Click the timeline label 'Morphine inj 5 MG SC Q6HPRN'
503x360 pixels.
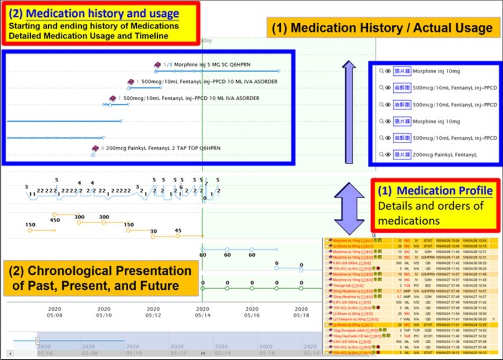(x=217, y=64)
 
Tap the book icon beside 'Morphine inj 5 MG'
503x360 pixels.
(x=157, y=64)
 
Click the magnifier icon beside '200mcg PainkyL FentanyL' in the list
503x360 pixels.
(x=381, y=155)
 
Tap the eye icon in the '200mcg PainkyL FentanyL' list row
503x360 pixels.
(x=388, y=155)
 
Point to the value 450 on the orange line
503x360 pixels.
(x=55, y=220)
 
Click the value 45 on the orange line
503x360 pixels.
(x=178, y=231)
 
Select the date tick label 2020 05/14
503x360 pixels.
(x=202, y=312)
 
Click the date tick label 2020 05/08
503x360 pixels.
(x=55, y=312)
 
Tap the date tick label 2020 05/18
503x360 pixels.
(x=301, y=312)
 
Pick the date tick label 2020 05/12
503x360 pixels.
(x=153, y=312)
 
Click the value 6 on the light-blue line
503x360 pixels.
(x=277, y=263)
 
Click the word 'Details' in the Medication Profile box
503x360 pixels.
(x=395, y=206)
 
